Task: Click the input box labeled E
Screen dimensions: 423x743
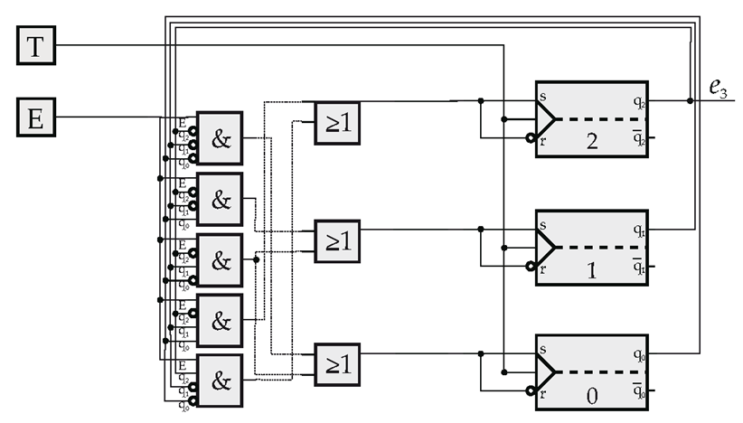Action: (37, 117)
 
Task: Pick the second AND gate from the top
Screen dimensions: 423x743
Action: (220, 200)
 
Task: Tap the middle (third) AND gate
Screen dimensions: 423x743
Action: (220, 260)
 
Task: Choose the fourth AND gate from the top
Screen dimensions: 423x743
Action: (220, 320)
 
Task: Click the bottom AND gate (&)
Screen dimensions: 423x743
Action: (220, 381)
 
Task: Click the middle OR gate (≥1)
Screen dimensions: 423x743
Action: (337, 241)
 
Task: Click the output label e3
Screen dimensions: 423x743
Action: (718, 88)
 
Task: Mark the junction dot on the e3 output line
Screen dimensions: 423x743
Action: (691, 100)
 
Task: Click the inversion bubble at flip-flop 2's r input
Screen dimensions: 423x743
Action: (531, 138)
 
